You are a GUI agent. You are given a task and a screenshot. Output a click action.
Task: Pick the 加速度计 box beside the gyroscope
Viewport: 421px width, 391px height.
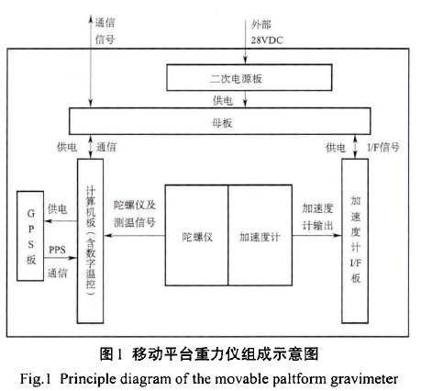[260, 236]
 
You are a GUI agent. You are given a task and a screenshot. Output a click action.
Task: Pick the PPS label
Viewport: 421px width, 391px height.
[58, 250]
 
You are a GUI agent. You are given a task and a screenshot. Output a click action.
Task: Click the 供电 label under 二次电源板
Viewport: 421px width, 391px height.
[223, 99]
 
